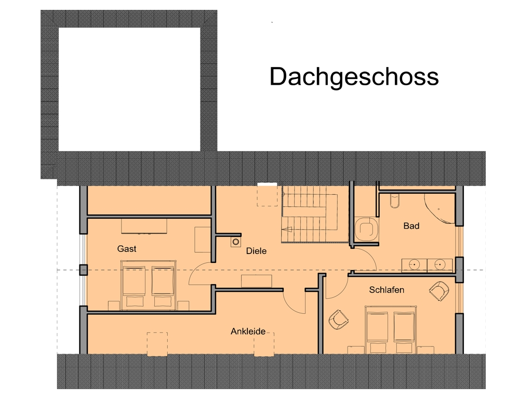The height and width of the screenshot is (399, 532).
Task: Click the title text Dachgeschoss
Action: [x=354, y=76]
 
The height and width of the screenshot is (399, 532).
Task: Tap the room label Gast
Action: [x=127, y=249]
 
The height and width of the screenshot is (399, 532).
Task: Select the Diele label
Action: [x=256, y=251]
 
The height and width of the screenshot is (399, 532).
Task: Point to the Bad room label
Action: [x=411, y=226]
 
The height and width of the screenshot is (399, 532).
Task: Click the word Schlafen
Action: [x=387, y=290]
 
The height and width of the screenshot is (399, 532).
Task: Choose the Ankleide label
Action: [x=248, y=331]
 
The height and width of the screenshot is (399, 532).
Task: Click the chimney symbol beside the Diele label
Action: [x=236, y=242]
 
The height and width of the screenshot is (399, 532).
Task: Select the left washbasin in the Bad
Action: [x=414, y=265]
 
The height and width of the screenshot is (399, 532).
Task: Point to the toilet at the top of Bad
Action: [x=394, y=201]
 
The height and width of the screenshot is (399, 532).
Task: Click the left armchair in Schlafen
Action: [x=339, y=319]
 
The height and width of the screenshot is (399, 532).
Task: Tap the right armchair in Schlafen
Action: [x=440, y=290]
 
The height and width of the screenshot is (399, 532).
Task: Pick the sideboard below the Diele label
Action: [x=257, y=281]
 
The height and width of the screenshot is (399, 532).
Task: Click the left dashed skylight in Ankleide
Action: [x=157, y=344]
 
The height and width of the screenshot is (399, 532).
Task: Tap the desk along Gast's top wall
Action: [x=144, y=226]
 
